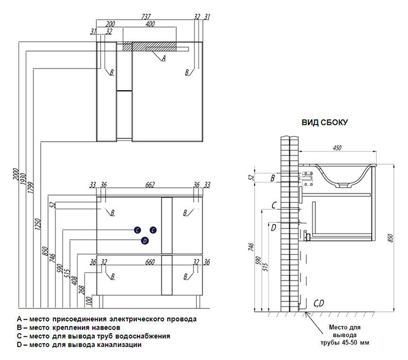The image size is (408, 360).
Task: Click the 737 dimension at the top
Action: coord(146,17)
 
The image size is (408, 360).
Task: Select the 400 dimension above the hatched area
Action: coord(150,24)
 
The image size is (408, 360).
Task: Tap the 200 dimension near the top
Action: coord(110,24)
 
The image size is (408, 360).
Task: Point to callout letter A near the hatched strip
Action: coord(163,58)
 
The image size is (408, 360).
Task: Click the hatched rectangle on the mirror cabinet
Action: coord(150,46)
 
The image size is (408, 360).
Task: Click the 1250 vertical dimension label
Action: coord(38,224)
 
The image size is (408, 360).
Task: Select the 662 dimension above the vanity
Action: coord(150,185)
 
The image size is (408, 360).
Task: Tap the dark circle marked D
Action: coord(145,241)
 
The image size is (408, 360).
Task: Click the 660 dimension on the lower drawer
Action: coord(150,262)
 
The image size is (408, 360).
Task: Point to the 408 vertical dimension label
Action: coord(75,281)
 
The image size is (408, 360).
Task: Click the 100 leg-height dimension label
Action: coord(89,301)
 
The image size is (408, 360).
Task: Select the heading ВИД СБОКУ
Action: coord(324,122)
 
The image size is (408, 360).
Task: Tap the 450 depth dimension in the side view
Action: coord(337,148)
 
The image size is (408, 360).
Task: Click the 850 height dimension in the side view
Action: coord(390,238)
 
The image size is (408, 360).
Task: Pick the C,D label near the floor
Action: coord(318,303)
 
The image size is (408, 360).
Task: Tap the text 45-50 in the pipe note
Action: coord(348,342)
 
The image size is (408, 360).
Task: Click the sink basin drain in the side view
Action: coord(344,185)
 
